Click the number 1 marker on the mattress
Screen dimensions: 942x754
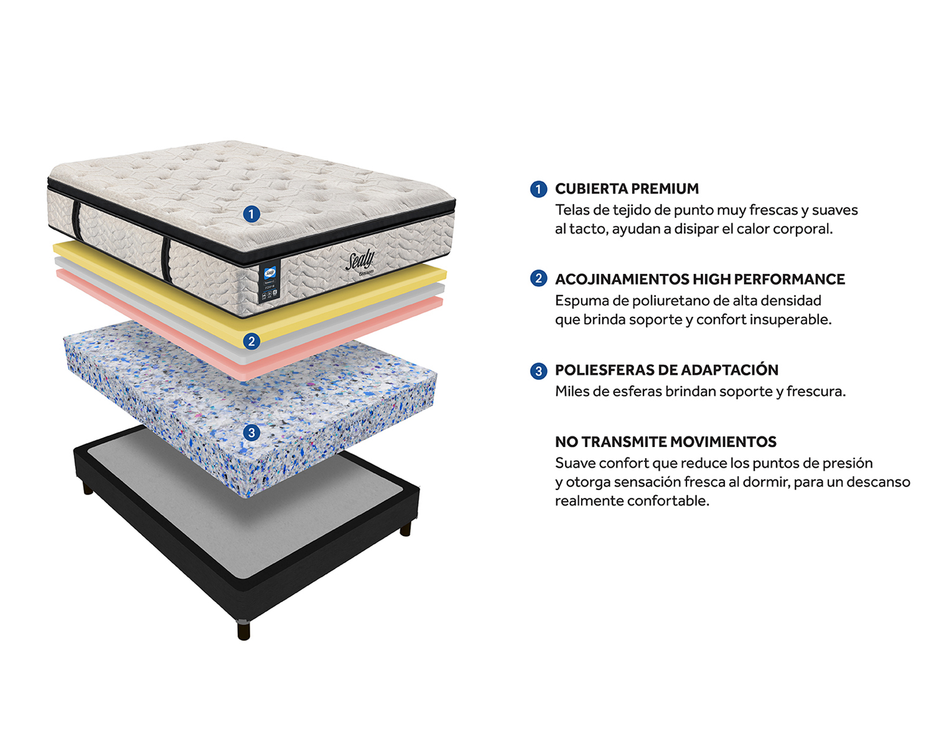point(251,214)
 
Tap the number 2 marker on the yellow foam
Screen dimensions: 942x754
point(251,341)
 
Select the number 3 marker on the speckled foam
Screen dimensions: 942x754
point(251,433)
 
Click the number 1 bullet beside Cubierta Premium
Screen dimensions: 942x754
point(538,189)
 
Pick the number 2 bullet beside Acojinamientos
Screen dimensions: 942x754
point(538,278)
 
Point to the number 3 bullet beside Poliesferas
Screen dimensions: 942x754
point(538,371)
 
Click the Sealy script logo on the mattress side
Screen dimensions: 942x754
point(360,261)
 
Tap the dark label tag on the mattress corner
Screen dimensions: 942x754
point(269,284)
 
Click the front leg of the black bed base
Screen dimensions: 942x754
point(243,630)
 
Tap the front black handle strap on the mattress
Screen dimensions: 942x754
point(166,260)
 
